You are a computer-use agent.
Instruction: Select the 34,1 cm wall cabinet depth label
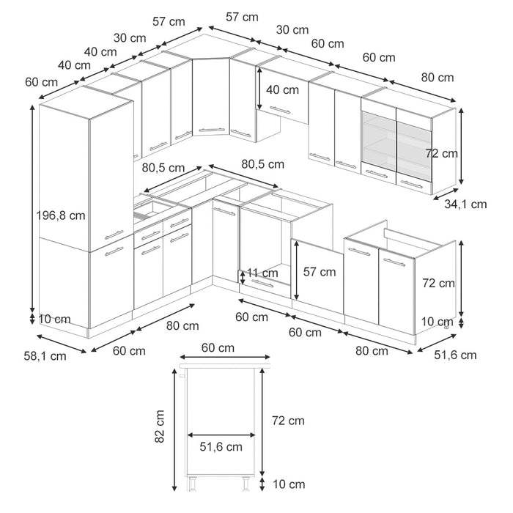[x=466, y=204]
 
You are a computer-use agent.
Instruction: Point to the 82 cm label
[x=160, y=427]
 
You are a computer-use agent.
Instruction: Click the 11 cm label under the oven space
[x=262, y=273]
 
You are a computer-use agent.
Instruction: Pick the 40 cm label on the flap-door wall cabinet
[x=281, y=90]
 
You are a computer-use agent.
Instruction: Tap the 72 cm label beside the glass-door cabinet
[x=442, y=153]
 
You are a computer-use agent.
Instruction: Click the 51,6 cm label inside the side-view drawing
[x=221, y=446]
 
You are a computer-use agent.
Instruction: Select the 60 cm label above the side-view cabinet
[x=218, y=347]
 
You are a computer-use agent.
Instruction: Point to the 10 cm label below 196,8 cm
[x=55, y=319]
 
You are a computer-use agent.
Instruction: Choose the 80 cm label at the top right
[x=438, y=77]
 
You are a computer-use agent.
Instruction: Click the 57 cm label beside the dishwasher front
[x=320, y=272]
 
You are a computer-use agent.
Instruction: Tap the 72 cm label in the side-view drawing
[x=287, y=421]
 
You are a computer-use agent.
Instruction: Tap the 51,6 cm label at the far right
[x=455, y=355]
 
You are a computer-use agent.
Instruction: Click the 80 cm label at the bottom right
[x=372, y=350]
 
